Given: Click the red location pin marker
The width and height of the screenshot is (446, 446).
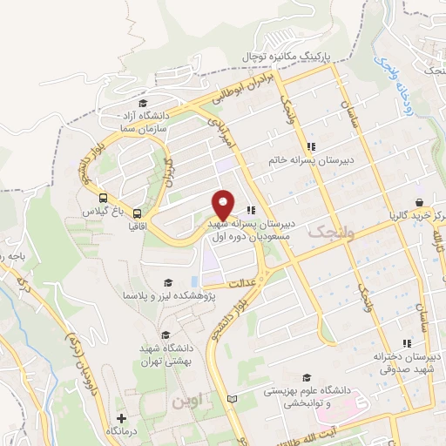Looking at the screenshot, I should click(x=224, y=206).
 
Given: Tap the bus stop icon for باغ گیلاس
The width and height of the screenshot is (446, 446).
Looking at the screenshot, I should click(x=104, y=198).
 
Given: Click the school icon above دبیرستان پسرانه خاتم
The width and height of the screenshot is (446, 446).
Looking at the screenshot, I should click(x=311, y=146).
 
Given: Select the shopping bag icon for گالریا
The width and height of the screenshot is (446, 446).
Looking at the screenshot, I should click(x=420, y=202).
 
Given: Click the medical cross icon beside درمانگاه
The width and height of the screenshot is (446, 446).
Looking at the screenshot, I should click(x=132, y=419).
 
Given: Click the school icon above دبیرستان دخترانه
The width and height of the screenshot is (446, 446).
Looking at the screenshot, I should click(x=406, y=343).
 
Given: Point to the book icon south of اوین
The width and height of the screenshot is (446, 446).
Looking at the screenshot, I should click(x=231, y=399).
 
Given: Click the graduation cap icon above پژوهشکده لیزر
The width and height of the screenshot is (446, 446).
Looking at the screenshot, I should click(x=169, y=282).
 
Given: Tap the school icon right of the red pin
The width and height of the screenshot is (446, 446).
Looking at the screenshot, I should click(x=251, y=209).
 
